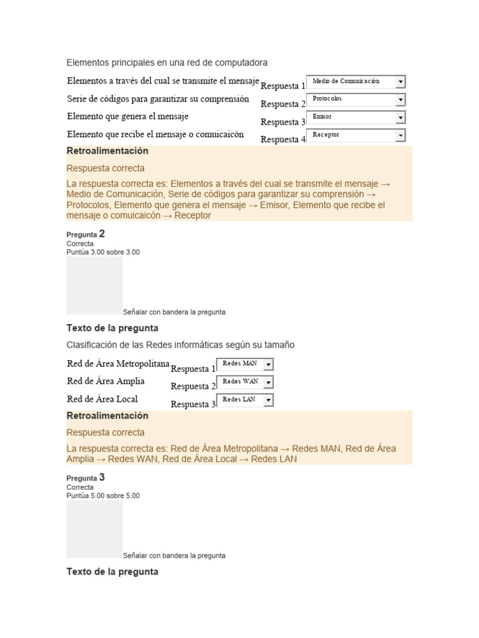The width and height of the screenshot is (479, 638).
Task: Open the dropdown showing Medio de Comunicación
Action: [x=356, y=82]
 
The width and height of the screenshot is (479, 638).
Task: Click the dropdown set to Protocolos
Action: [x=356, y=100]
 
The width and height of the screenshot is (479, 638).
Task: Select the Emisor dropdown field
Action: [x=356, y=117]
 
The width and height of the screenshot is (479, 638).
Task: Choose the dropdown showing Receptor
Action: [x=356, y=135]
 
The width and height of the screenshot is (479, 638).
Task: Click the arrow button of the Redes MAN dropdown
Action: [x=268, y=364]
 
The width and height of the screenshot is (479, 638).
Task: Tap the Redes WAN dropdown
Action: [x=244, y=382]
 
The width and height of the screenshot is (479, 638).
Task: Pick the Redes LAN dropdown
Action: [x=244, y=399]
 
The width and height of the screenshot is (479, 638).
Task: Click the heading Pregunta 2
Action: [x=85, y=234]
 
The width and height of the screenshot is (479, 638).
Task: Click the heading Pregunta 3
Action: [x=85, y=478]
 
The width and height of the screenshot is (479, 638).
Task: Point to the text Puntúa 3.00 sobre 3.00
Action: [x=103, y=252]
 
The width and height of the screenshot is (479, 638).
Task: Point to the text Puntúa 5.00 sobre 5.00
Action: [x=103, y=496]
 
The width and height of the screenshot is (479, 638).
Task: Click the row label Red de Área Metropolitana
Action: [x=118, y=364]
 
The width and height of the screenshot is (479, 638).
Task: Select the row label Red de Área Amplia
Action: [x=105, y=381]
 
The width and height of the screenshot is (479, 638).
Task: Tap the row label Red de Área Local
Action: [x=102, y=399]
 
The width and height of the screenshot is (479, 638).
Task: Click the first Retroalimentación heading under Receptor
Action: [x=107, y=151]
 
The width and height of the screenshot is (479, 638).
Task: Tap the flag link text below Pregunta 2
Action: [x=174, y=312]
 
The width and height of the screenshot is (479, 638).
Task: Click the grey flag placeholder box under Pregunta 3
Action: [x=95, y=529]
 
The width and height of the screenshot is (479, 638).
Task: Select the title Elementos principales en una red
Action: [x=167, y=63]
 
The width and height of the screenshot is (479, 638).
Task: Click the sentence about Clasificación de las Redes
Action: [x=180, y=345]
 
